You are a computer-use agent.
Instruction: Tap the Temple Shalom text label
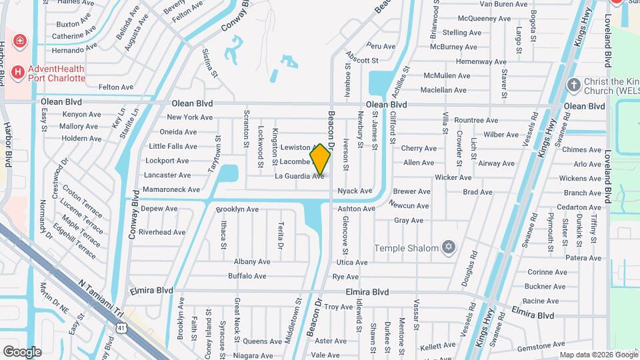pyautogui.click(x=406, y=248)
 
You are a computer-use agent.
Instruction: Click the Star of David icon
pyautogui.click(x=449, y=248)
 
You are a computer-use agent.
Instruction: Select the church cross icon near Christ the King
pyautogui.click(x=572, y=85)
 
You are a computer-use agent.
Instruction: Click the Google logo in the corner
pyautogui.click(x=22, y=351)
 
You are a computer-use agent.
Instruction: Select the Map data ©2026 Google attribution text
pyautogui.click(x=598, y=355)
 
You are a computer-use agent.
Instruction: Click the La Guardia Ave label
pyautogui.click(x=299, y=177)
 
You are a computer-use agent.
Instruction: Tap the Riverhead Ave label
pyautogui.click(x=162, y=232)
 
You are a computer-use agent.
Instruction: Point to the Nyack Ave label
pyautogui.click(x=355, y=191)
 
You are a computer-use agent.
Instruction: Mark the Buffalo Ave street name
pyautogui.click(x=247, y=276)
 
